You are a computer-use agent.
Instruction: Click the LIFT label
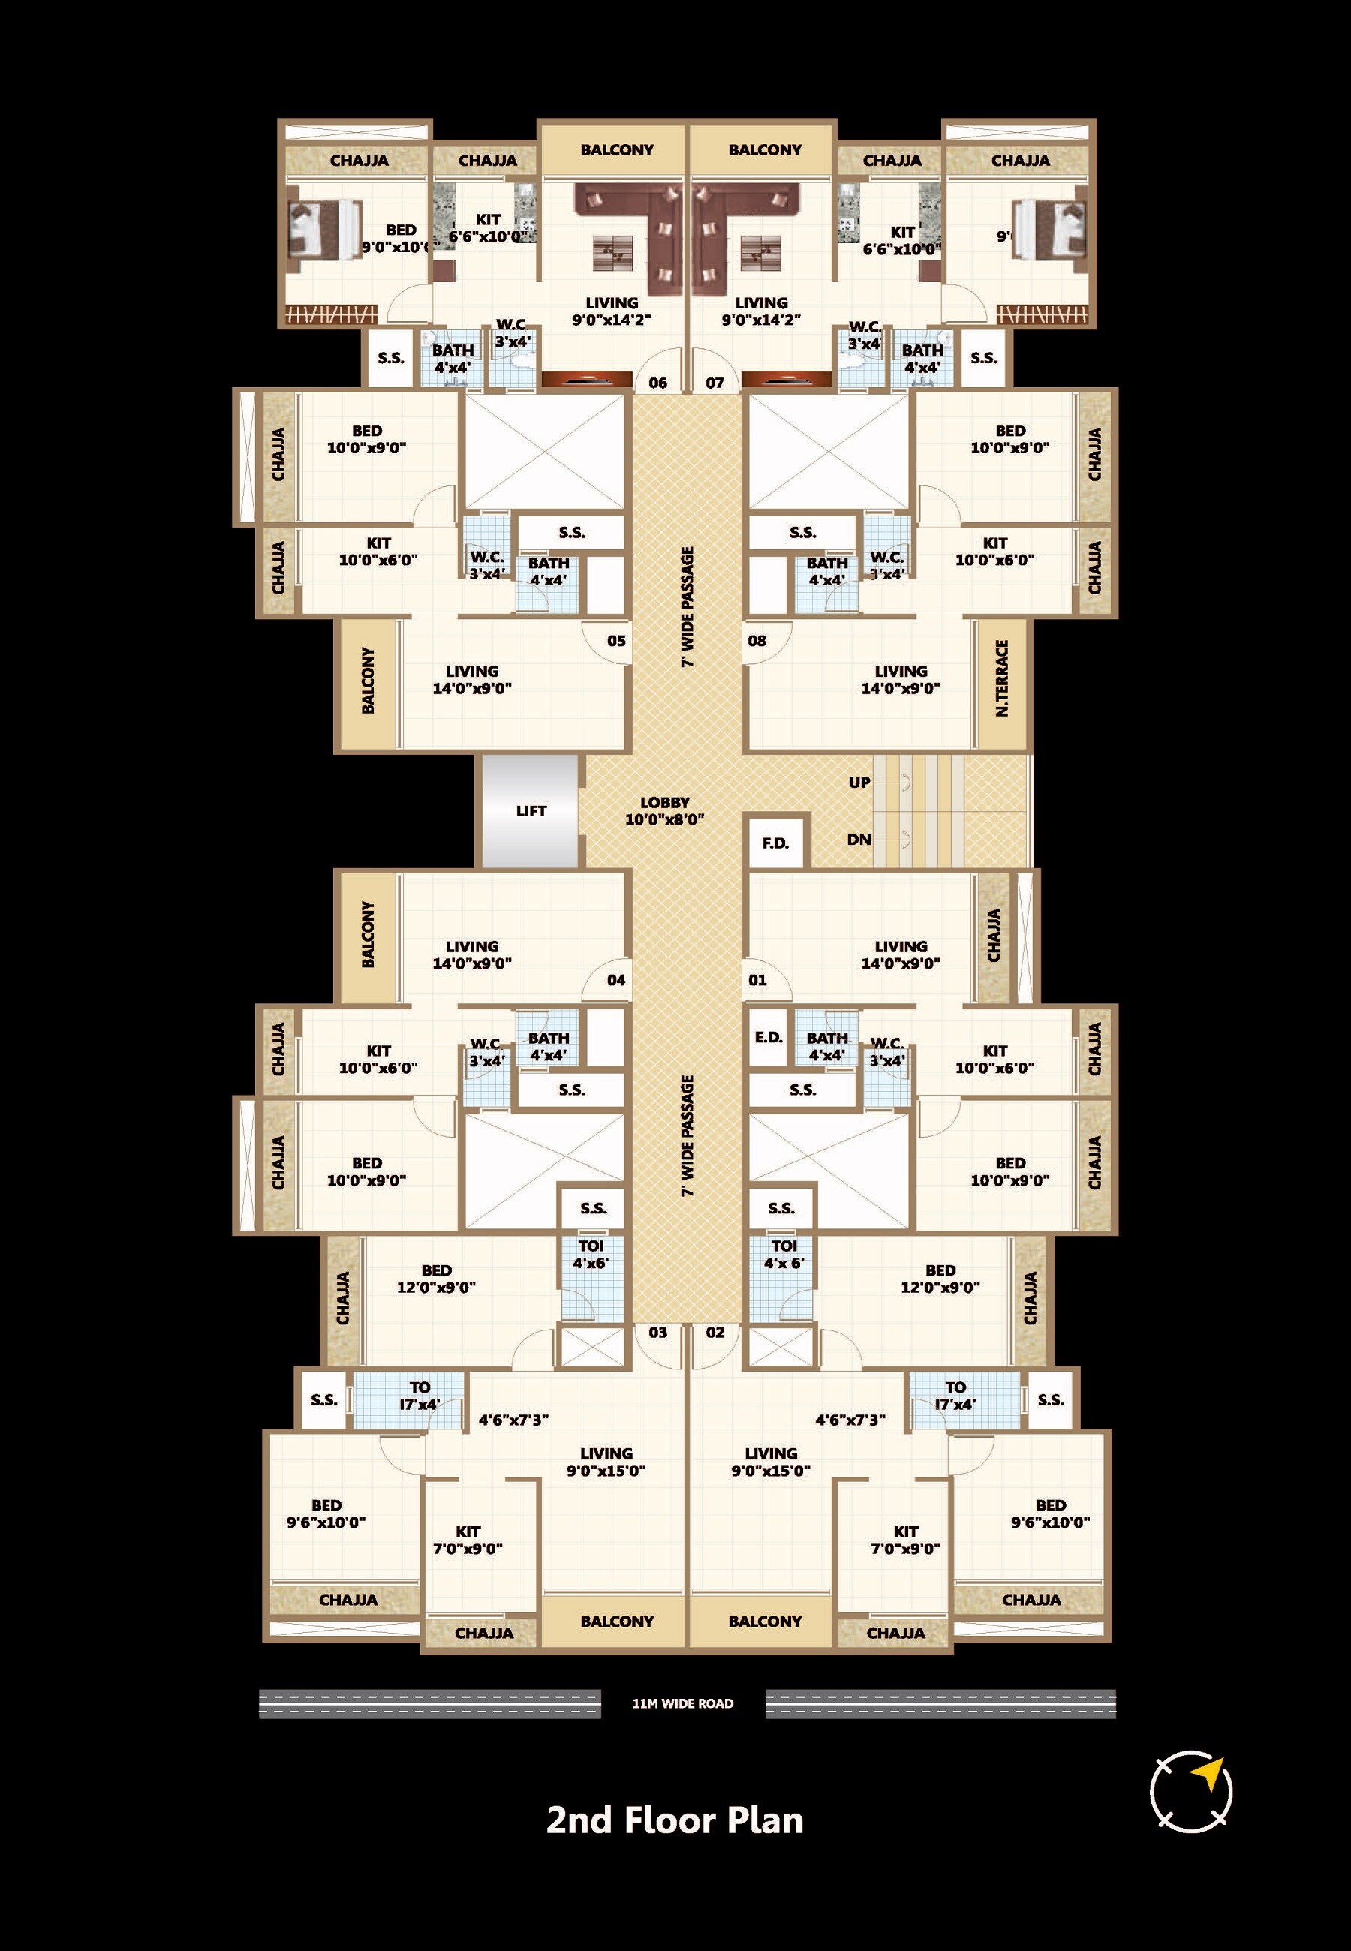point(531,811)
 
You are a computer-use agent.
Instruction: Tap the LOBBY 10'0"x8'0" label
point(664,810)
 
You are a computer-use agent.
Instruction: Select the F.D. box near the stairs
point(775,843)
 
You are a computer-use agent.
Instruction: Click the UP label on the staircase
point(859,783)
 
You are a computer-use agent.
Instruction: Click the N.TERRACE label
point(1002,678)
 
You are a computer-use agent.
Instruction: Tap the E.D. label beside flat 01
point(769,1037)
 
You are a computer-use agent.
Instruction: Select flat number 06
point(657,383)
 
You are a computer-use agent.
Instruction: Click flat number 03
point(657,1333)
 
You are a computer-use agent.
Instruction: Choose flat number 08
point(757,642)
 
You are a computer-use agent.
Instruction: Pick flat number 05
point(616,642)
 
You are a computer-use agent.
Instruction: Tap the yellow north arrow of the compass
point(1211,1773)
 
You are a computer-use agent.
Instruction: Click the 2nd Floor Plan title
point(675,1820)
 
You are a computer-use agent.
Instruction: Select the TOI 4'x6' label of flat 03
point(591,1255)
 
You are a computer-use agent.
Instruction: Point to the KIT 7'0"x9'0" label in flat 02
point(905,1540)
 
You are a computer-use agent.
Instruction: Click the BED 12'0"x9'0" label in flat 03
point(436,1279)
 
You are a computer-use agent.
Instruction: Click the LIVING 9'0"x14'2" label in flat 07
point(760,311)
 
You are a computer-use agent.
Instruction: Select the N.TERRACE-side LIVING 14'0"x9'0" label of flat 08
point(901,679)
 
